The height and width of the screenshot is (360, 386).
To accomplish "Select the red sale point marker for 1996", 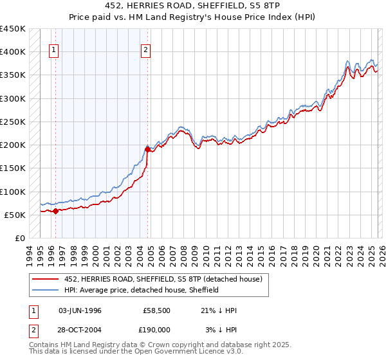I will pyautogui.click(x=55, y=210).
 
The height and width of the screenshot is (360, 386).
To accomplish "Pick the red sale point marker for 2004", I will pyautogui.click(x=147, y=149).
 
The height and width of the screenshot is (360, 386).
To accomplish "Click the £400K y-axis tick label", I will pyautogui.click(x=13, y=52).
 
